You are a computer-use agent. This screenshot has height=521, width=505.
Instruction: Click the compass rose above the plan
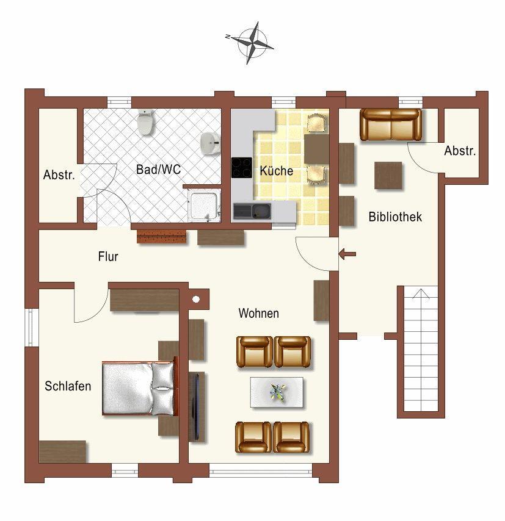(x=250, y=43)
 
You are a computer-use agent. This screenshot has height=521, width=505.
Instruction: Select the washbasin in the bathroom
(x=211, y=143)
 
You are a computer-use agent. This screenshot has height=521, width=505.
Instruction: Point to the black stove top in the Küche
(x=242, y=167)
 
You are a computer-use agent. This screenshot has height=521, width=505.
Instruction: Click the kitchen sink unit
(x=252, y=211)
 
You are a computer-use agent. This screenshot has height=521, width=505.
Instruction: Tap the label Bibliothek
(x=395, y=217)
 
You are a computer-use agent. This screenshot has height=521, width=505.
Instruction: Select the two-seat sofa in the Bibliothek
(x=391, y=124)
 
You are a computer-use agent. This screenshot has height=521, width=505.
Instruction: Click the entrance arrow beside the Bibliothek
(x=347, y=254)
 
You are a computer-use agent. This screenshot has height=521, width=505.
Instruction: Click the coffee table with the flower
(x=277, y=392)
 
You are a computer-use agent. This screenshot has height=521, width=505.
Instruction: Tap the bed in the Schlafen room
(x=140, y=388)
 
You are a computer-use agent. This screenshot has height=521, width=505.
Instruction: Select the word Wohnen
(x=258, y=314)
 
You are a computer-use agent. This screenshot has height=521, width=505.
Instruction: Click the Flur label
(x=108, y=256)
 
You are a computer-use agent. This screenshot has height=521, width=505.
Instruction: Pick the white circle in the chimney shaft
(x=196, y=300)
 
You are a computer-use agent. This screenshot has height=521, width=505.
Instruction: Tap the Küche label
(x=276, y=171)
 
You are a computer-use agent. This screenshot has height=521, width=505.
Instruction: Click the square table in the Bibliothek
(x=388, y=176)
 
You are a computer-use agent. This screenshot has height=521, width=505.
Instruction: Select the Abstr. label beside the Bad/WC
(x=59, y=174)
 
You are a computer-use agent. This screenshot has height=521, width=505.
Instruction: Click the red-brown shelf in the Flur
(x=161, y=237)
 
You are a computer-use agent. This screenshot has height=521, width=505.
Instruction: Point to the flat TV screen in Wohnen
(x=197, y=406)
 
